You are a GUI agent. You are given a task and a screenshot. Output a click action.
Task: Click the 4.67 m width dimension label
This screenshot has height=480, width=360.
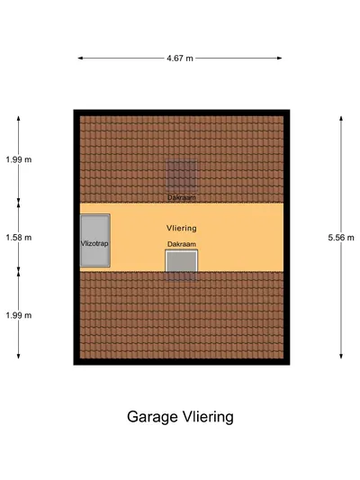pos(180,59)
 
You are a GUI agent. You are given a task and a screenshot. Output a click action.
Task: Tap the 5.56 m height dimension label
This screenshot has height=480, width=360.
pos(341,238)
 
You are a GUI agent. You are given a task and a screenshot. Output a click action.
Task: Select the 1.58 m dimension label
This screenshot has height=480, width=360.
pos(19,238)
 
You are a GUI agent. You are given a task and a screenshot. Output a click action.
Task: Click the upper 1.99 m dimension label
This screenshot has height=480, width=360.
pos(19,159)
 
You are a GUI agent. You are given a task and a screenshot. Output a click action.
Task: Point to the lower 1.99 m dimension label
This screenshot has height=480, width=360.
pos(19,315)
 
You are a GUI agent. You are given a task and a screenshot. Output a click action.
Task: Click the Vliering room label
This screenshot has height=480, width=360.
pos(182,228)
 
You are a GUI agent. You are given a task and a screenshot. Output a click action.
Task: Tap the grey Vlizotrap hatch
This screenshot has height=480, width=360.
pos(94,240)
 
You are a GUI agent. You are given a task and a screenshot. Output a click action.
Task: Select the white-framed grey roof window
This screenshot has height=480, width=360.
pos(182,261)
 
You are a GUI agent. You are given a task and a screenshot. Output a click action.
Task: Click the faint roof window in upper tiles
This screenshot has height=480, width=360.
pos(182,176)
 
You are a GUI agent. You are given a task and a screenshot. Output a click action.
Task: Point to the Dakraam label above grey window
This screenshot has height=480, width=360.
pos(182,244)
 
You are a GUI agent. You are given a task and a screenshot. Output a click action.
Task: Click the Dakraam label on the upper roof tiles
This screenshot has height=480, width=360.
pos(182,197)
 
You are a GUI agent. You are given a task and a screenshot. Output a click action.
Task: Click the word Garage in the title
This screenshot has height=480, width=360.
pos(152,417)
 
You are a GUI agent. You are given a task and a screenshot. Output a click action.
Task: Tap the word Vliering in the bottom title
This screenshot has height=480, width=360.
pos(208,417)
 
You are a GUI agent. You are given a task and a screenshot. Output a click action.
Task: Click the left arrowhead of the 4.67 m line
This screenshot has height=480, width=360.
pos(80,58)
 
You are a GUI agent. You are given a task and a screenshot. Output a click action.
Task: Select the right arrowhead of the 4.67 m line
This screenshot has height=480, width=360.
pos(280,58)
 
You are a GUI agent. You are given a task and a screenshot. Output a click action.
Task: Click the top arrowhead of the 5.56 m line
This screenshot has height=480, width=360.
pos(341,119)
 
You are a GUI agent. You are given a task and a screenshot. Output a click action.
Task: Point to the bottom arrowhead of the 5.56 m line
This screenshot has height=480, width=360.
pos(341,356)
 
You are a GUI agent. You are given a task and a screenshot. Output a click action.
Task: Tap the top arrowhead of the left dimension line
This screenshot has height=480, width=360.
pos(18,119)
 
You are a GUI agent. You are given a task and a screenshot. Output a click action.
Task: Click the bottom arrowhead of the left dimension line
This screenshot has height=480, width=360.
pos(18,356)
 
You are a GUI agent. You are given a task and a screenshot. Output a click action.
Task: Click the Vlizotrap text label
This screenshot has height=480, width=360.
pos(94,244)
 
